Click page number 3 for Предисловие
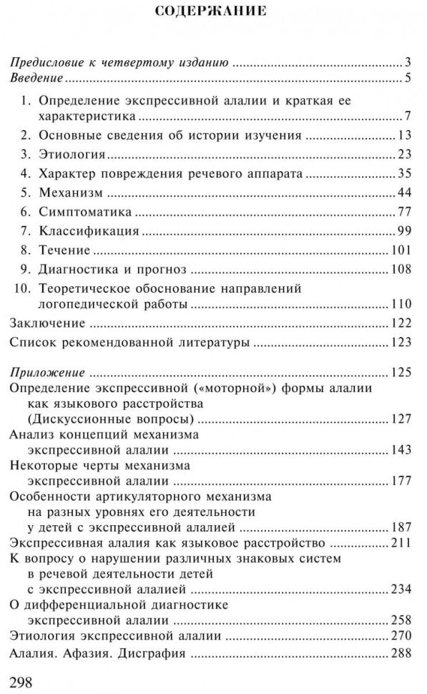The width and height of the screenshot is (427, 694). [406, 61]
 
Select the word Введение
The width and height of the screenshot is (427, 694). [36, 79]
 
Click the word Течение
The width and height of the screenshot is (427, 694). [64, 250]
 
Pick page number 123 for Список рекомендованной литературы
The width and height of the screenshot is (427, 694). [399, 343]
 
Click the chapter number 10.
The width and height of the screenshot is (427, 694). [21, 289]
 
